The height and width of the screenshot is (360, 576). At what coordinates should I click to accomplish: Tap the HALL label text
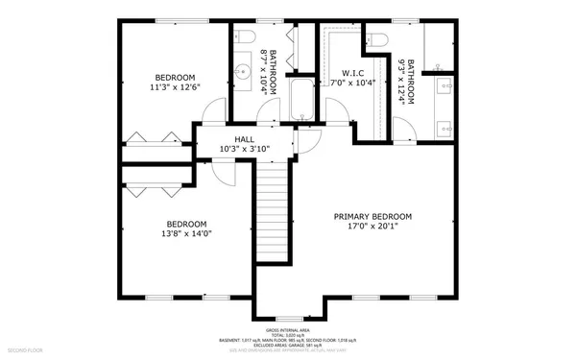tap(245, 138)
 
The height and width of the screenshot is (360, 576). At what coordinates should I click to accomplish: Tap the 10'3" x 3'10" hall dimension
tap(245, 149)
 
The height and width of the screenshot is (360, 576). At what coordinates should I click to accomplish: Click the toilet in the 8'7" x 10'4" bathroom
tap(243, 37)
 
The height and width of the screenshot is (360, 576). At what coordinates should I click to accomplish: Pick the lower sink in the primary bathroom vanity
tap(444, 126)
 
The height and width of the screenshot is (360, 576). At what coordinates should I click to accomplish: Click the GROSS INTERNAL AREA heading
tap(288, 328)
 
